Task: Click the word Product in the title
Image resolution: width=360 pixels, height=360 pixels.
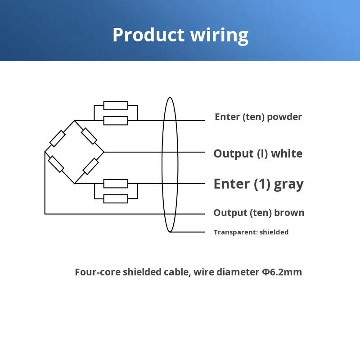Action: (x=148, y=35)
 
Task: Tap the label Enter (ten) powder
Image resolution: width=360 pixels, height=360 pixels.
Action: (x=258, y=117)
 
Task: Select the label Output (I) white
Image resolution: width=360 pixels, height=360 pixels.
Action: (x=258, y=153)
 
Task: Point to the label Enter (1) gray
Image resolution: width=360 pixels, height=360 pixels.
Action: (x=258, y=184)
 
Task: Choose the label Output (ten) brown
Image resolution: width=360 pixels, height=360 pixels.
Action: (x=259, y=213)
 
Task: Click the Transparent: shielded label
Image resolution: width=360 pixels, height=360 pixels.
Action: (x=251, y=232)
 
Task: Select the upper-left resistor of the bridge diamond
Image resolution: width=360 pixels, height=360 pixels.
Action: (x=58, y=139)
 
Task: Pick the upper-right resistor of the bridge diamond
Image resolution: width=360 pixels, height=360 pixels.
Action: (x=89, y=136)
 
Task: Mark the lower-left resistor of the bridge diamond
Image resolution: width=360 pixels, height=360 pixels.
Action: (x=56, y=164)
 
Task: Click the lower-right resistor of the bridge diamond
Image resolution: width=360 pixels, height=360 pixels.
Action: (x=91, y=166)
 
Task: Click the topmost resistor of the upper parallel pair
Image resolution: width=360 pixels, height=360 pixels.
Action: (x=116, y=106)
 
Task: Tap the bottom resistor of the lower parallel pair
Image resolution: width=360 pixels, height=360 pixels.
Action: (x=116, y=198)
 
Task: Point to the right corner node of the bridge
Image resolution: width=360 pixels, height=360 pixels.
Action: (x=104, y=152)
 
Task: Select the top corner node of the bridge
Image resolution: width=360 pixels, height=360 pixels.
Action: (x=75, y=121)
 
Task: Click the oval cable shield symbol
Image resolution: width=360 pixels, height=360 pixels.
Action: (x=170, y=164)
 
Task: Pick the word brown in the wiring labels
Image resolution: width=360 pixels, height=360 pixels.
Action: (x=289, y=213)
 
